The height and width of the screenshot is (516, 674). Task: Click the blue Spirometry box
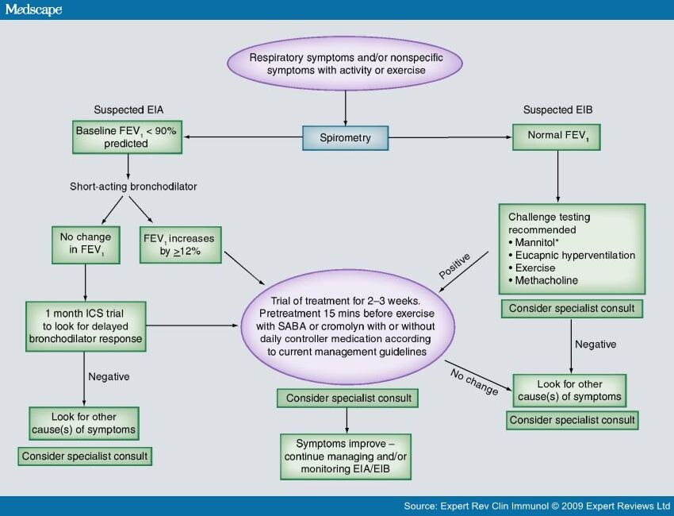coord(345,137)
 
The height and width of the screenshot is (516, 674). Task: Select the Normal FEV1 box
coord(556,137)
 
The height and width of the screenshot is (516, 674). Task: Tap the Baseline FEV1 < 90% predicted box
coord(127,137)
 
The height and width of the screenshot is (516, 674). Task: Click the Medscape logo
coord(33,10)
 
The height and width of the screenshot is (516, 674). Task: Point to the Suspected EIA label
coord(128,110)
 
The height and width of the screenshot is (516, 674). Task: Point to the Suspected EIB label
coord(557,110)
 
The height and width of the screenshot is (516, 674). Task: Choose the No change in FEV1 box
coord(86,245)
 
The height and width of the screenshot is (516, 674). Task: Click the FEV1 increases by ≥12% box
coord(181,245)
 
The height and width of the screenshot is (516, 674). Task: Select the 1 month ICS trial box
coord(86,326)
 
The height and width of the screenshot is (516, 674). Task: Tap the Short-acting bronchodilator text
coord(133,187)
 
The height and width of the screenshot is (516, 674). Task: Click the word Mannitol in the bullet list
coord(534,242)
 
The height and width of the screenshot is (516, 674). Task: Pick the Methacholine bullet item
coord(543,280)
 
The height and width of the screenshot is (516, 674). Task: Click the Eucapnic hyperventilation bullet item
coord(572,255)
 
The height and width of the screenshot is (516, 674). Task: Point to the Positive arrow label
coord(455,266)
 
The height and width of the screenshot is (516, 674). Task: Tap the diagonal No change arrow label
coord(474,382)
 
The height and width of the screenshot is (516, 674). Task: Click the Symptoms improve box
coord(346,456)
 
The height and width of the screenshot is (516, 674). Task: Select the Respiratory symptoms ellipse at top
coord(345,64)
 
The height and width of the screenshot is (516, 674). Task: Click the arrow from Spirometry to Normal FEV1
coord(450,137)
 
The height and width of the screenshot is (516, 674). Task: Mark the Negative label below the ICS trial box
coord(109,377)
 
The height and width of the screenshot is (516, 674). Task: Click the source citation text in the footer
coord(537,506)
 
